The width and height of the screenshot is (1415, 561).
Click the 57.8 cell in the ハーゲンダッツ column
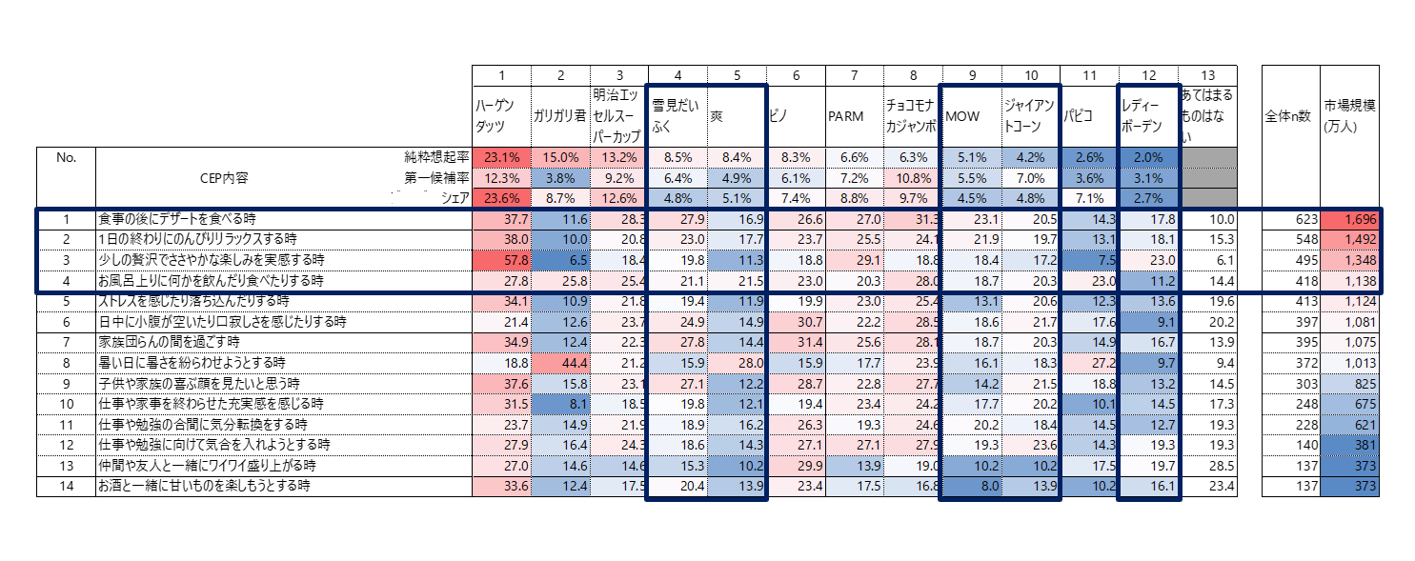pyautogui.click(x=501, y=259)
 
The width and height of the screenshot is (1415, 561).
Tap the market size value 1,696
pyautogui.click(x=1348, y=219)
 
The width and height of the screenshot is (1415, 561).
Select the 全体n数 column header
pyautogui.click(x=1289, y=116)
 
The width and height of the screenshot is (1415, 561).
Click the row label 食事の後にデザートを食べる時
pyautogui.click(x=179, y=219)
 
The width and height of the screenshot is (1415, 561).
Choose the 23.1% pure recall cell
pyautogui.click(x=501, y=157)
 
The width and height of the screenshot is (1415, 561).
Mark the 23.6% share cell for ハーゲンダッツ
pyautogui.click(x=501, y=198)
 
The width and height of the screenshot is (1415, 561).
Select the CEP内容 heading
pyautogui.click(x=224, y=178)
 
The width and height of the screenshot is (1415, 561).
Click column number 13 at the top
pyautogui.click(x=1207, y=75)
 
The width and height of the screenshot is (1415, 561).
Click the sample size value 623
pyautogui.click(x=1289, y=219)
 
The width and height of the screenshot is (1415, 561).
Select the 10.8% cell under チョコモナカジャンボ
pyautogui.click(x=912, y=178)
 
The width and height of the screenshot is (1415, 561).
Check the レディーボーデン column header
pyautogui.click(x=1147, y=116)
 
